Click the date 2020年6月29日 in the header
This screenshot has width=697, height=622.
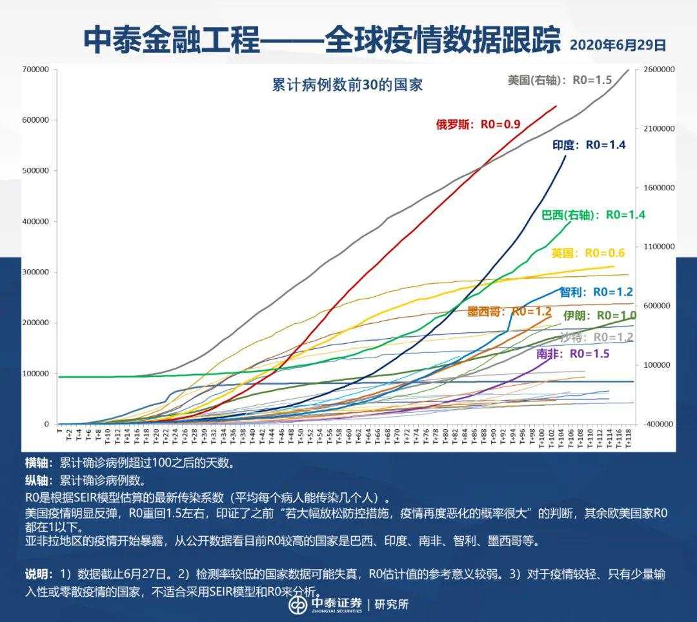[618, 45]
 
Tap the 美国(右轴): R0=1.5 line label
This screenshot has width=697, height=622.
[560, 81]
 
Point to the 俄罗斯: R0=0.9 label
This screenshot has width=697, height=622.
[478, 125]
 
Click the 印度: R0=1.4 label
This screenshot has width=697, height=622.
[589, 145]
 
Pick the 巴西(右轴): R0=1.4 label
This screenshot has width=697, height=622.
[593, 215]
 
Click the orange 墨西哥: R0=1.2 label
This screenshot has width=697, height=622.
[509, 312]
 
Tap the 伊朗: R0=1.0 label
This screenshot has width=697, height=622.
[600, 316]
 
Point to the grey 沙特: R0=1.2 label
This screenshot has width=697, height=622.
[596, 337]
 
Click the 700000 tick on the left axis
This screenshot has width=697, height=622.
[35, 69]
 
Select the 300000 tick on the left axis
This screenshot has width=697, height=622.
[35, 272]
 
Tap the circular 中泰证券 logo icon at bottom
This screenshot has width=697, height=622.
[298, 605]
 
